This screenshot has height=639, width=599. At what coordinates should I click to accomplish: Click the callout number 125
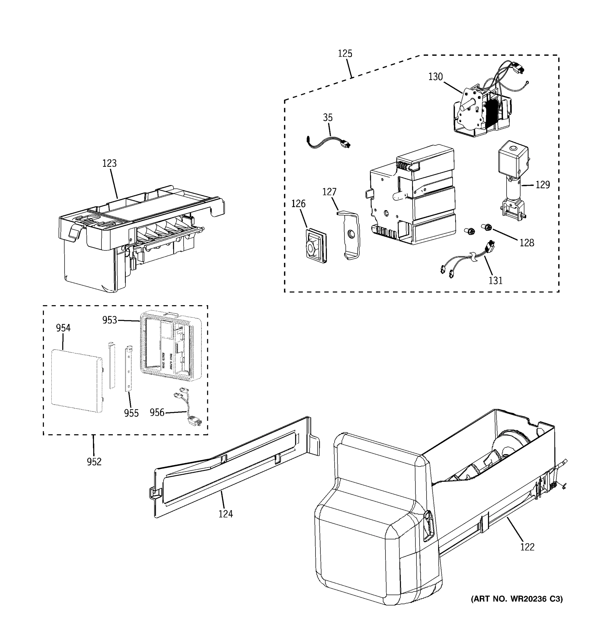point(345,53)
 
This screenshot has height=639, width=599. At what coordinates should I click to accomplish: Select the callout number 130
point(436,77)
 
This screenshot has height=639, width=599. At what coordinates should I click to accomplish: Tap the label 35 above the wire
point(327,118)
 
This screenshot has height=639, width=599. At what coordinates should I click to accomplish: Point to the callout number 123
point(109,163)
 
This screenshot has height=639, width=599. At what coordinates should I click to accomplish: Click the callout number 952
point(94,462)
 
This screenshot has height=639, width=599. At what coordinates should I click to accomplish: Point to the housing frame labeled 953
point(170,346)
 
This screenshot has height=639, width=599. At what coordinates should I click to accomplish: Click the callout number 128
point(527,243)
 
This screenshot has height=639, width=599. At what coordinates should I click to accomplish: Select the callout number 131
point(495,281)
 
